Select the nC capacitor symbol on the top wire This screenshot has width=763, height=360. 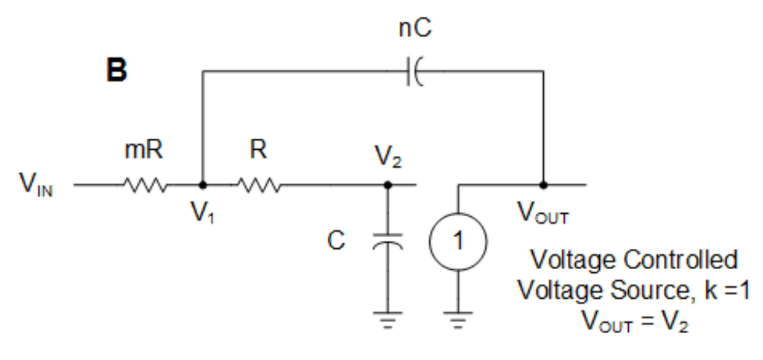tap(414, 72)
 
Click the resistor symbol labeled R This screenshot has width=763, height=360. tap(258, 184)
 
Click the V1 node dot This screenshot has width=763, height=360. tap(203, 184)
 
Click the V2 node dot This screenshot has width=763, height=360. tap(386, 184)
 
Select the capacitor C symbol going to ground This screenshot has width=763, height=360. tap(386, 244)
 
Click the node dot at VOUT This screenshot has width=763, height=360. tap(545, 184)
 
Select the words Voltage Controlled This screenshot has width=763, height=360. tap(635, 260)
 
